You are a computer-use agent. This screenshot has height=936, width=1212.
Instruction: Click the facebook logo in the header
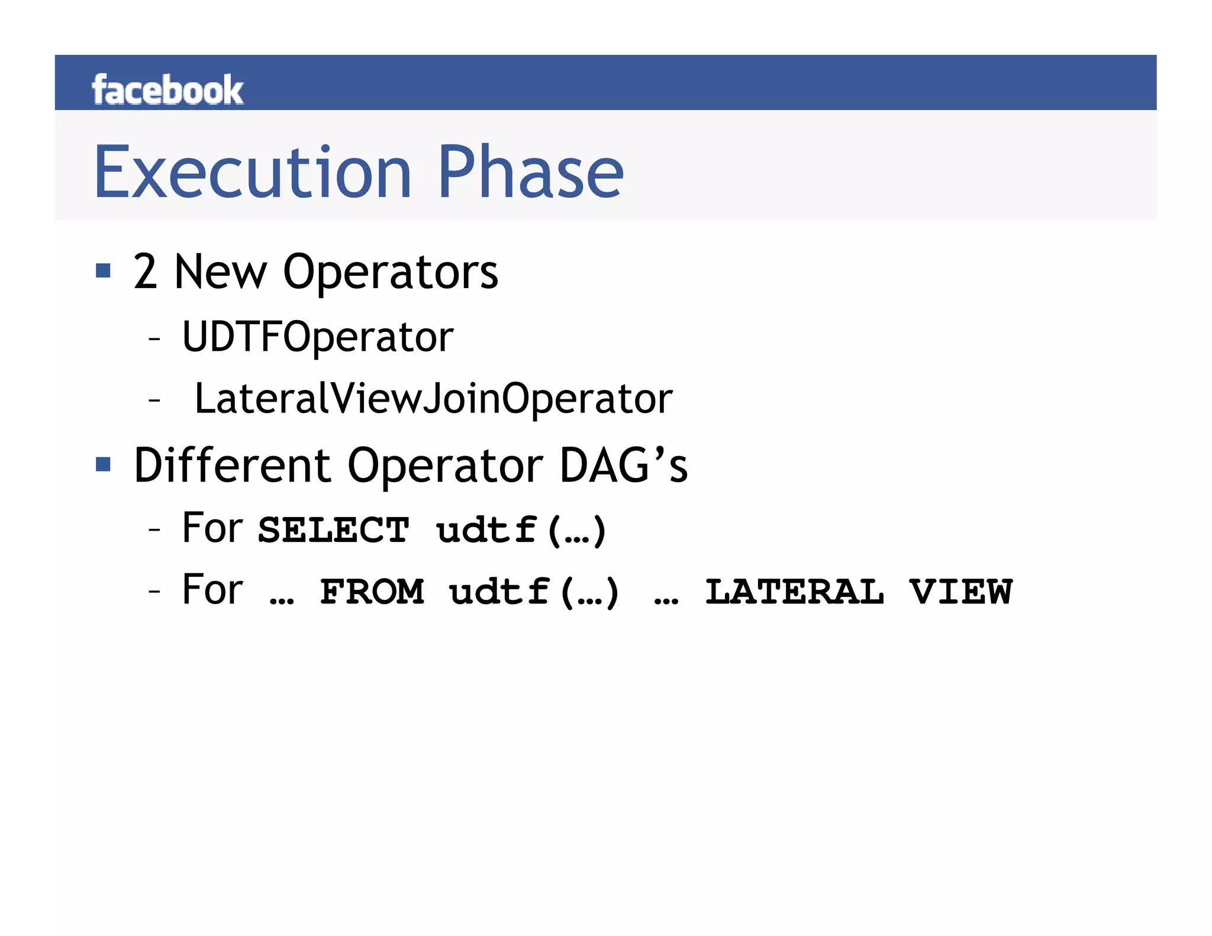click(x=167, y=90)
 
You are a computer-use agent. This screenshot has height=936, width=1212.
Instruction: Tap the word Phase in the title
click(x=531, y=173)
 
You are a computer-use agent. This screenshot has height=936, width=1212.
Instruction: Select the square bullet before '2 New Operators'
click(x=104, y=271)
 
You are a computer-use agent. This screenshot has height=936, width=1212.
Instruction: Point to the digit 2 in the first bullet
click(x=145, y=272)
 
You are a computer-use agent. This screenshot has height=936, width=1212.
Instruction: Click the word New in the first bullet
click(x=220, y=272)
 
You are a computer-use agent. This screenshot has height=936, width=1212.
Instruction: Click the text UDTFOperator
click(x=317, y=337)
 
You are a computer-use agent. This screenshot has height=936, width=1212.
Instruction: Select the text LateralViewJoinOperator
click(x=433, y=399)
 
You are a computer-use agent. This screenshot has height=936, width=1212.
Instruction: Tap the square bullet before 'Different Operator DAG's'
click(x=104, y=464)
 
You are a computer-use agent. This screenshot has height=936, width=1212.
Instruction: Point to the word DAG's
click(x=624, y=466)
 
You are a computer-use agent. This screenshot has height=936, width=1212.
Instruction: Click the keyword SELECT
click(x=333, y=530)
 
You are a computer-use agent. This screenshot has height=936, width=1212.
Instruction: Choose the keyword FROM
click(x=372, y=592)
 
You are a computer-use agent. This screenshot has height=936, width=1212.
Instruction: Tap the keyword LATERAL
click(x=794, y=592)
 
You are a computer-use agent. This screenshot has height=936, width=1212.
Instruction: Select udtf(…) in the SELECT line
click(x=521, y=530)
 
